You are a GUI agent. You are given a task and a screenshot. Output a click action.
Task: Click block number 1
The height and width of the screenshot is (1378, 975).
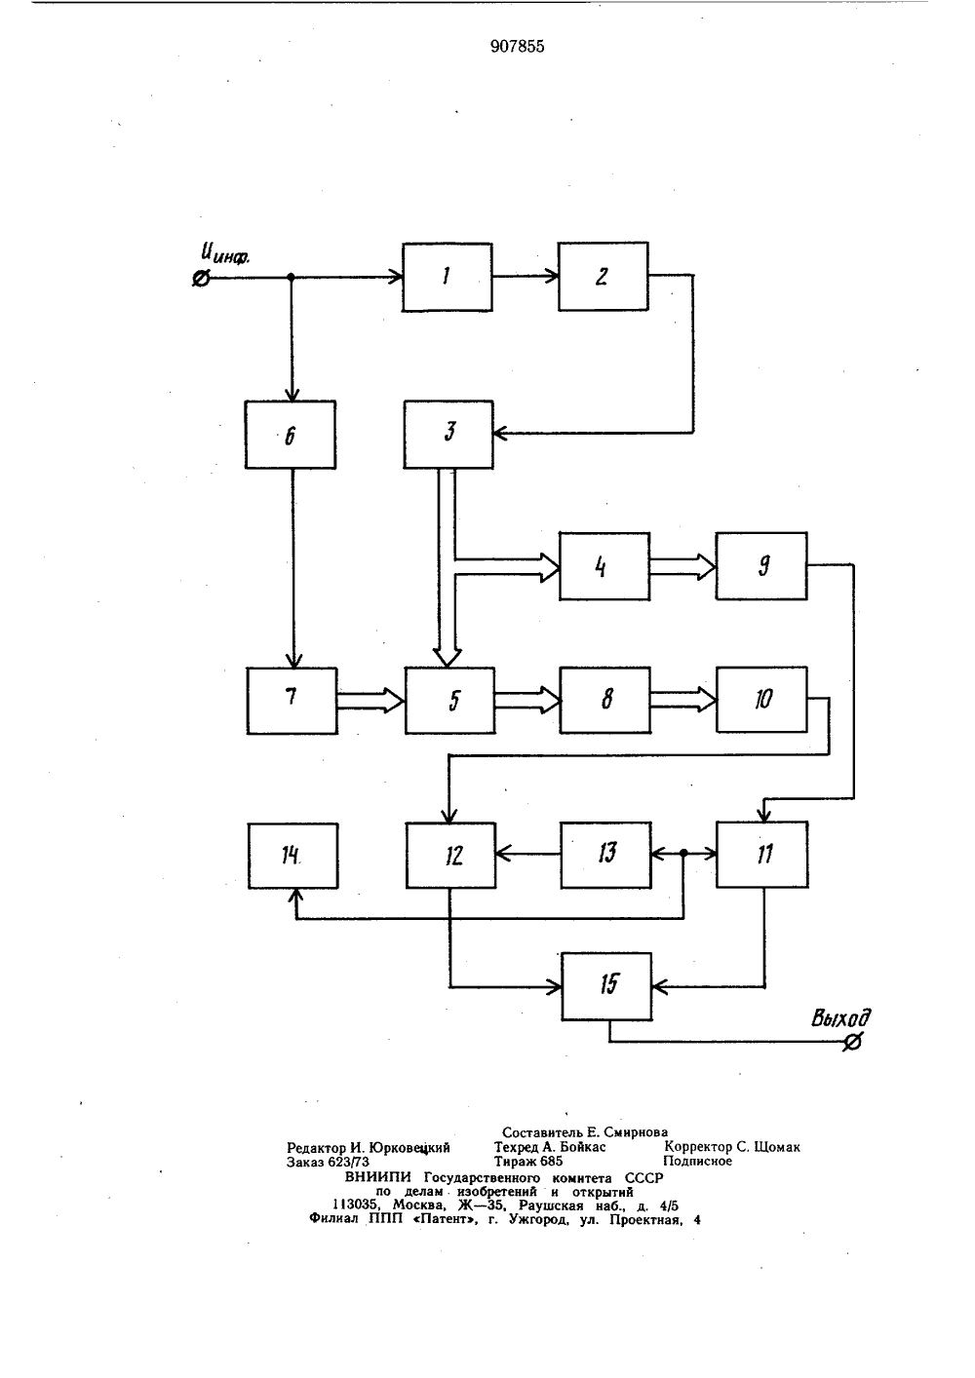pyautogui.click(x=447, y=277)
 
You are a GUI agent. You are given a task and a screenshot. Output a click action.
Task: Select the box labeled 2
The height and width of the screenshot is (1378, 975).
pyautogui.click(x=603, y=276)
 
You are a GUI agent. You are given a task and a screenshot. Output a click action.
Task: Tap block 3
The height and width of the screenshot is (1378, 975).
pyautogui.click(x=448, y=435)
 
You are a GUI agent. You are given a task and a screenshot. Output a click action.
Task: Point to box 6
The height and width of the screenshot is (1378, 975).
pyautogui.click(x=290, y=435)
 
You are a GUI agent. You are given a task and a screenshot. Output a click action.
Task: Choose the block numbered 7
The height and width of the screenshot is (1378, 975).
pyautogui.click(x=292, y=701)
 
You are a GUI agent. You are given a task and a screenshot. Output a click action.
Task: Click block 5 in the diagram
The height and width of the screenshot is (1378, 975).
pyautogui.click(x=449, y=700)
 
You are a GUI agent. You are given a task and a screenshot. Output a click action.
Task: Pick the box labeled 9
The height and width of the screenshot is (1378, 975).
pyautogui.click(x=760, y=566)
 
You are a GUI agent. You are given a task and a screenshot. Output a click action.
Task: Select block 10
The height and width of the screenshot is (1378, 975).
pyautogui.click(x=761, y=700)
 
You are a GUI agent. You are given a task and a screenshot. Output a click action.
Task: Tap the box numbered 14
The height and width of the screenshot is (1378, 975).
pyautogui.click(x=293, y=856)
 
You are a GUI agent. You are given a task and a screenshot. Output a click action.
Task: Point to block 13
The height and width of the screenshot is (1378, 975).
pyautogui.click(x=605, y=855)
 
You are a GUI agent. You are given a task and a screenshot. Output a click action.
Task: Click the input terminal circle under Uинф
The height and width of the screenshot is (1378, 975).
pyautogui.click(x=201, y=279)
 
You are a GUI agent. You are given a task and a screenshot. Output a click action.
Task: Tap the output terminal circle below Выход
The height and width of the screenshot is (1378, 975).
pyautogui.click(x=852, y=1042)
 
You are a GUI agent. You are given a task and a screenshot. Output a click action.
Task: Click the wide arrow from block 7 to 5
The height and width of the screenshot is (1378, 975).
pyautogui.click(x=370, y=701)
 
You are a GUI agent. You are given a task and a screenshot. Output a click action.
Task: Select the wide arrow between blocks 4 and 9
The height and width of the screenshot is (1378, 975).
pyautogui.click(x=682, y=566)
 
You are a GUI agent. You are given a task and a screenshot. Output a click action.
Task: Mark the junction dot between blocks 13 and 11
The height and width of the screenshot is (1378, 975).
pyautogui.click(x=683, y=854)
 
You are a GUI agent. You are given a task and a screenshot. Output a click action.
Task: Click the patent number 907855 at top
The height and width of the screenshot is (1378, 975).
pyautogui.click(x=517, y=47)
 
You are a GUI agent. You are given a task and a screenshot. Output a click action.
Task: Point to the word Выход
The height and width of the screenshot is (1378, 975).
pyautogui.click(x=840, y=1018)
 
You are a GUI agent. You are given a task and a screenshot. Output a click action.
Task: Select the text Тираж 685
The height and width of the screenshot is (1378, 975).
pyautogui.click(x=528, y=1161)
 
